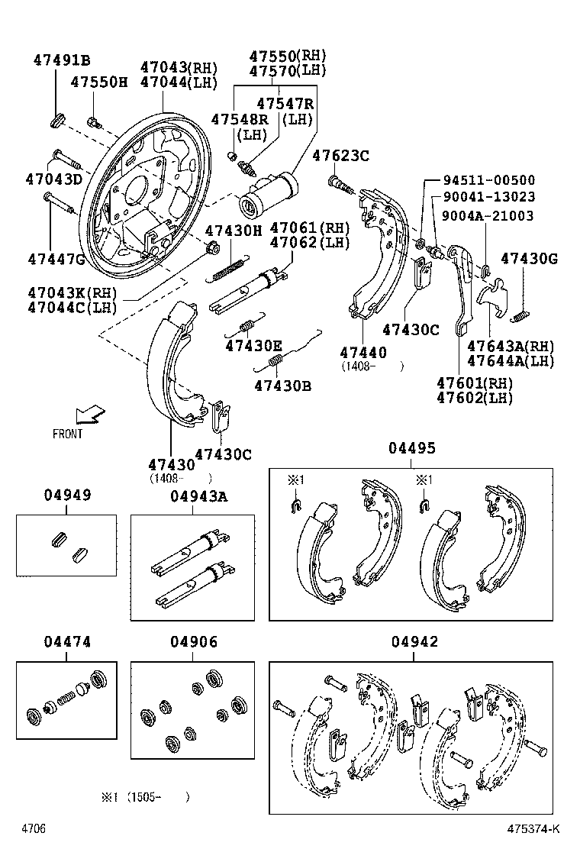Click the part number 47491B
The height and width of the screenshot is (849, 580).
pos(61,61)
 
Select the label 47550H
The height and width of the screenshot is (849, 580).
pos(99,82)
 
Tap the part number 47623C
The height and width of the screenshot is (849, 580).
pos(341,156)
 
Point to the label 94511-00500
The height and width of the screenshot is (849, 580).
pos(489,180)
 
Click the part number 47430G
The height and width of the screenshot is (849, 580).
pos(529,259)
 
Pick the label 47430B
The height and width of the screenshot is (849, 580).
pos(282,386)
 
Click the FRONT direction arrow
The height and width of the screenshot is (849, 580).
pos(89,415)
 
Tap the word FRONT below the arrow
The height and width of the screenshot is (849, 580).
pos(68,434)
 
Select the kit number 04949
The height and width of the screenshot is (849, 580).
pos(66,495)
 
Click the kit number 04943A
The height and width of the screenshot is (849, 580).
pos(198,496)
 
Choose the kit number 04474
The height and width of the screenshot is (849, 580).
pos(66,642)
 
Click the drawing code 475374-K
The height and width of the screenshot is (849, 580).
pos(534,829)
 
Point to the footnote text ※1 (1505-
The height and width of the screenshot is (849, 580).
pos(145,797)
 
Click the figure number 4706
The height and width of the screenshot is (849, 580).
pos(34,829)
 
